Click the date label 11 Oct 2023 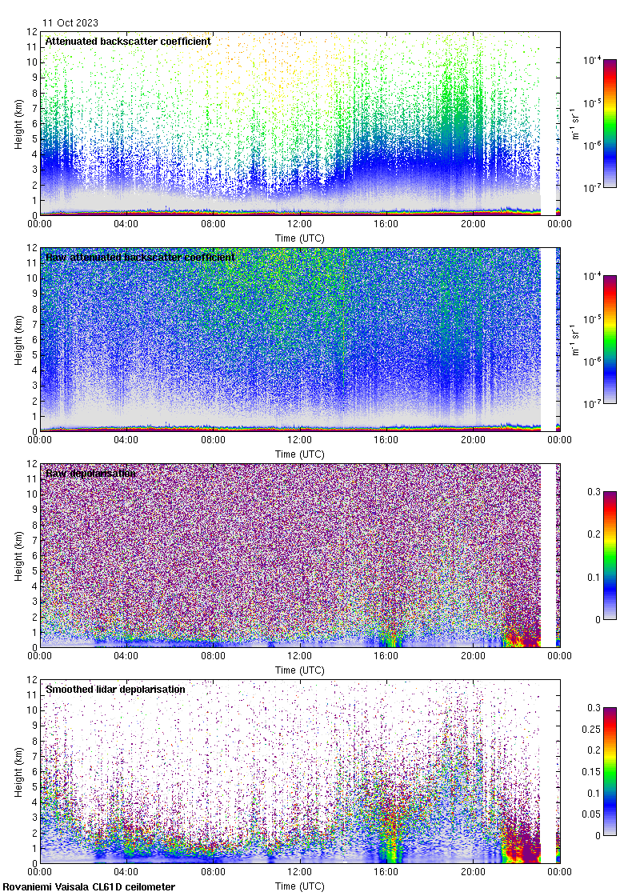(x=70, y=23)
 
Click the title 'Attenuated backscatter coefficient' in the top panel (x=128, y=41)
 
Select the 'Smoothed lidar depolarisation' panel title (x=115, y=689)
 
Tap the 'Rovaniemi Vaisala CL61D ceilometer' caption (x=89, y=886)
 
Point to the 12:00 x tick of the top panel (x=300, y=224)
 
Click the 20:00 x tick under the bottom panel (x=473, y=872)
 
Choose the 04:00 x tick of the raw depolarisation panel (x=126, y=656)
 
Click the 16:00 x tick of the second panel (x=386, y=440)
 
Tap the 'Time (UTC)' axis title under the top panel (x=300, y=238)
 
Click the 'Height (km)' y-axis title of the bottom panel (x=18, y=772)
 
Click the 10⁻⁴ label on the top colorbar (x=593, y=60)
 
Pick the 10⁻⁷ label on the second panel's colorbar (x=593, y=404)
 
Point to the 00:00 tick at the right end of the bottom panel (x=559, y=872)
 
